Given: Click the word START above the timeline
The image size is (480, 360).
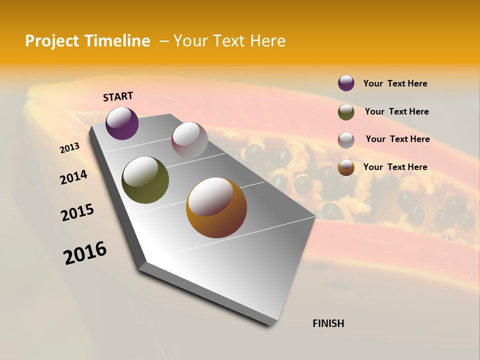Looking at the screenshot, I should pos(118,96).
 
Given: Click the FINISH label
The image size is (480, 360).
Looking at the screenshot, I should pos(328,323).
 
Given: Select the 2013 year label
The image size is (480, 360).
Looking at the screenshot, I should pos(70,148).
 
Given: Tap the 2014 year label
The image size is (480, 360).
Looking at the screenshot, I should pos(73,177).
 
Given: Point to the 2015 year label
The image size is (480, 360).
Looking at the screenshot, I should pos(77,212).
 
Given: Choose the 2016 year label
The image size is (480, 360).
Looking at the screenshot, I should pos(85,252).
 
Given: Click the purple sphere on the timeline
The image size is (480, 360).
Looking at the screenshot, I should pos(122,123).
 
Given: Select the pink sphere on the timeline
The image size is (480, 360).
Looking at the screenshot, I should pos(189,140).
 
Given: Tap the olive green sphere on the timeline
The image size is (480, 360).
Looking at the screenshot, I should pos(145,179).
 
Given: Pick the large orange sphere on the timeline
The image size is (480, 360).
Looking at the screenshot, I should pos(216,207).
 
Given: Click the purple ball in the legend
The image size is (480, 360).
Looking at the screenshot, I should pos(346,83).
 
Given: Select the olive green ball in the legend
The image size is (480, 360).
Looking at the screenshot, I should pos(346,112).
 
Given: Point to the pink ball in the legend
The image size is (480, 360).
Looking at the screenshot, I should pos(346,140).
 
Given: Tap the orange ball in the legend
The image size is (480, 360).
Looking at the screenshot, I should pos(346,167).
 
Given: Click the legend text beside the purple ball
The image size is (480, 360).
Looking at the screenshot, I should pos(395,83).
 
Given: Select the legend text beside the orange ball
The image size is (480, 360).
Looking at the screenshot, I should pos(395,167).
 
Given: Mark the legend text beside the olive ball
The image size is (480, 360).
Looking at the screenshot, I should pos(396,111).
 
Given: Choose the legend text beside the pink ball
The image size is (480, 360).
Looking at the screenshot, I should pos(397,139).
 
